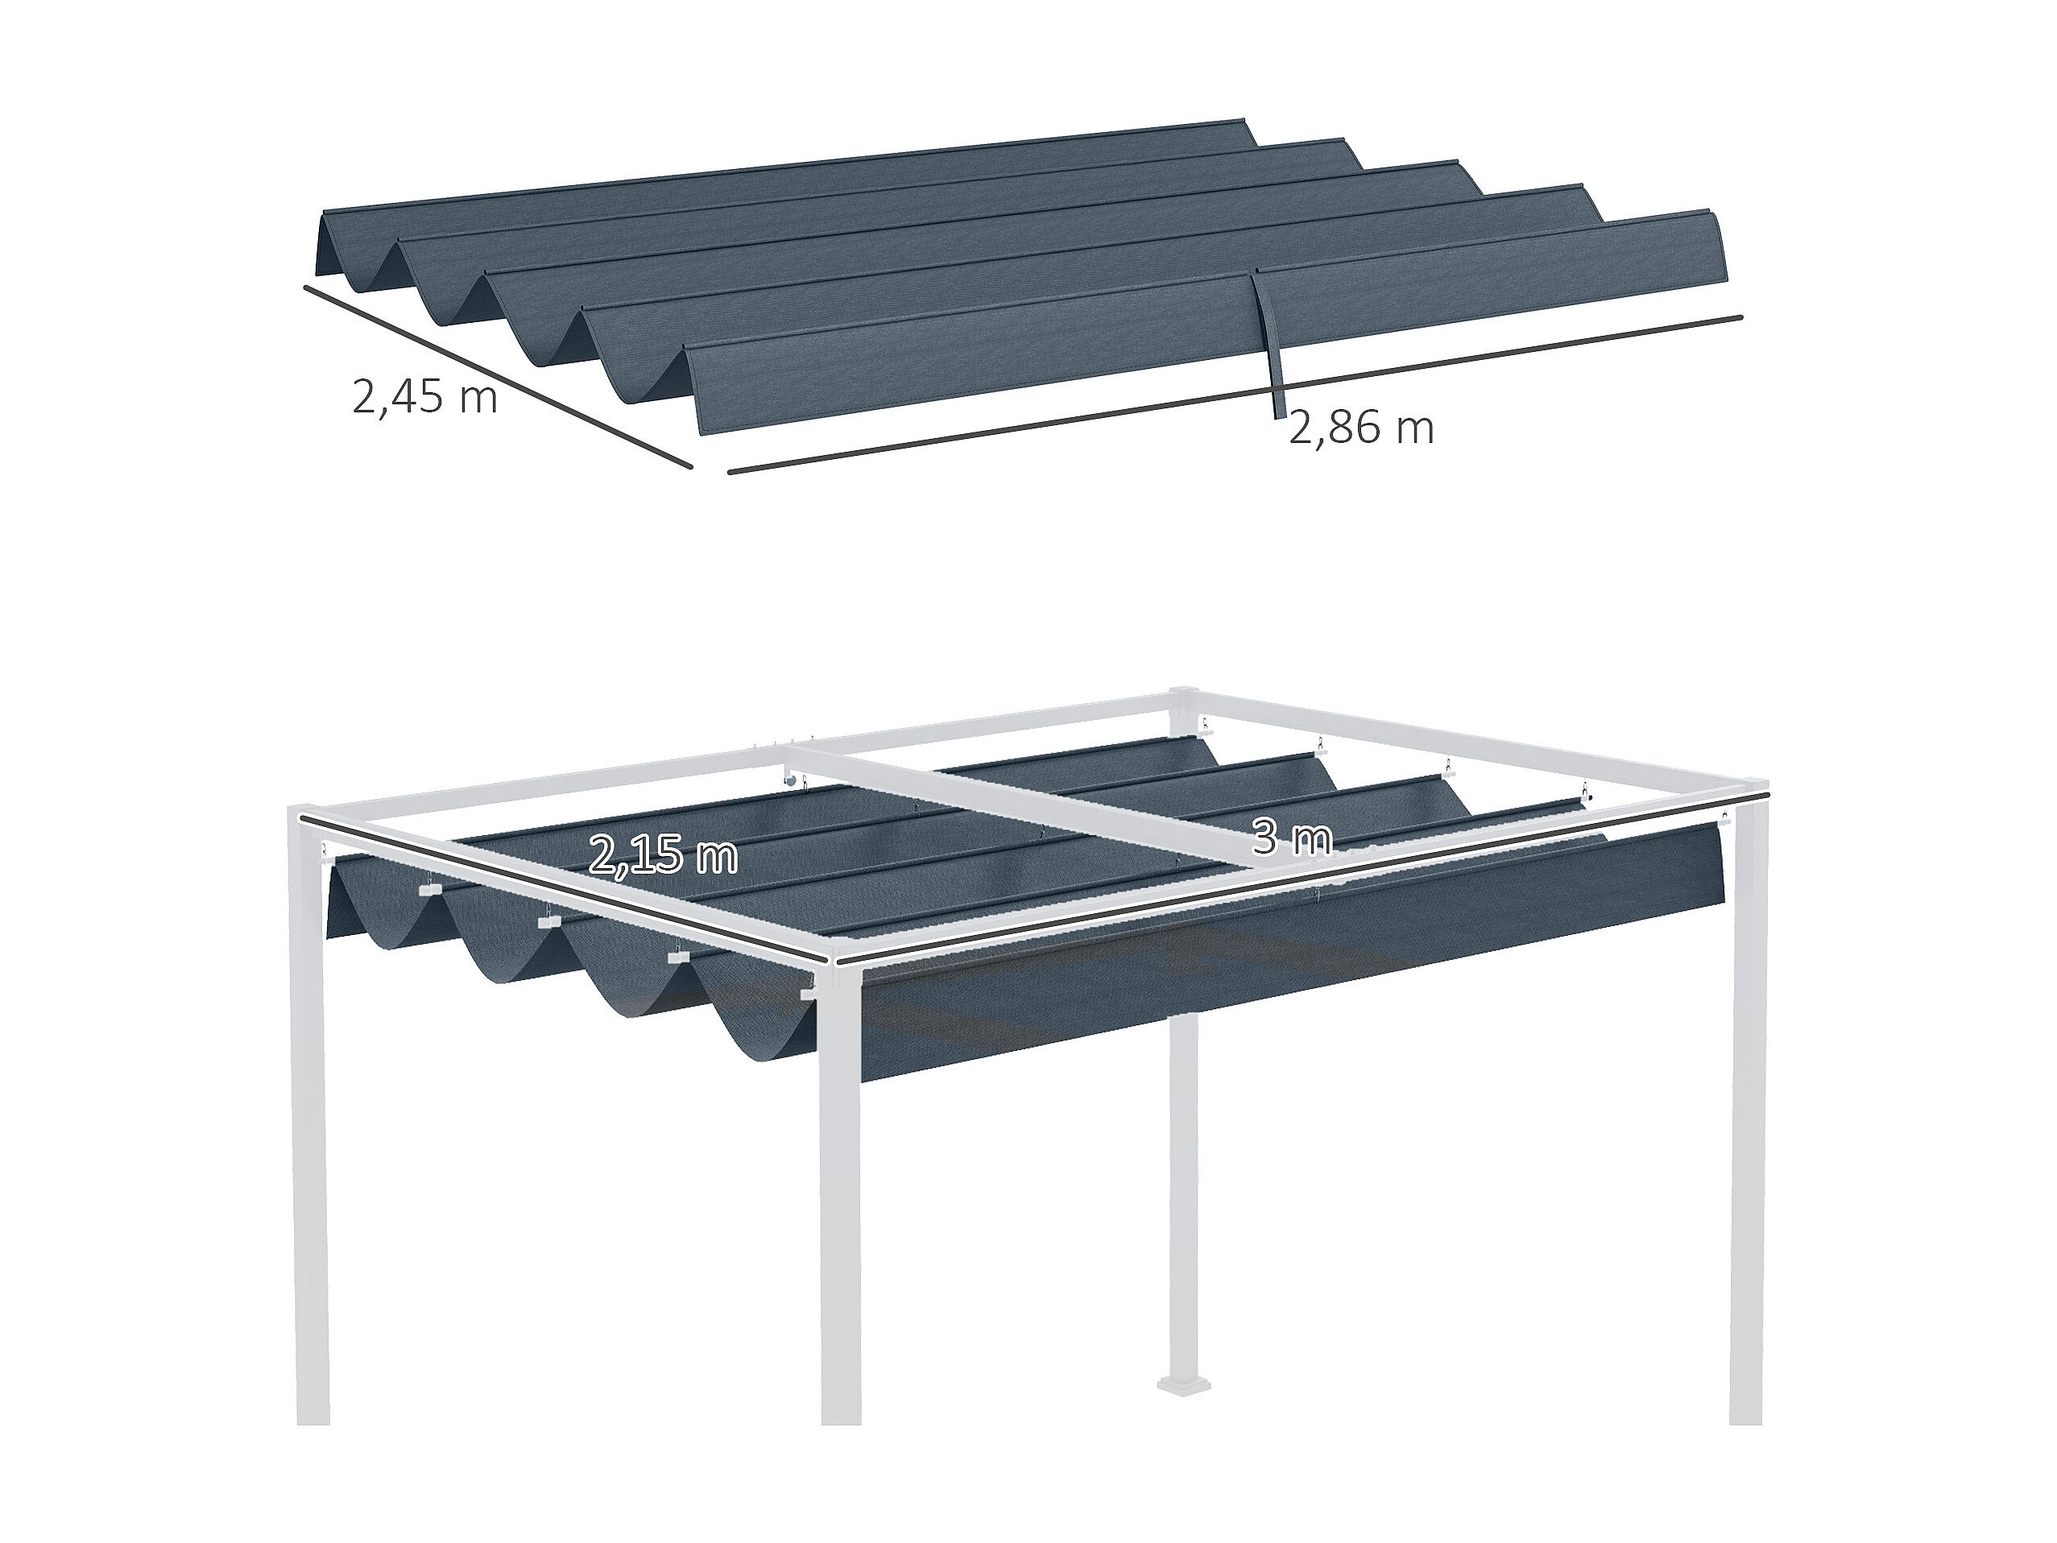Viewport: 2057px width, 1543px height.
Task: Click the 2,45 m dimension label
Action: [425, 397]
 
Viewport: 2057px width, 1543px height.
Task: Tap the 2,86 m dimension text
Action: [1360, 428]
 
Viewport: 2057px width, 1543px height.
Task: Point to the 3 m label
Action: [1292, 839]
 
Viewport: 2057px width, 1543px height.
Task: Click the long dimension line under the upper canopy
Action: [1235, 395]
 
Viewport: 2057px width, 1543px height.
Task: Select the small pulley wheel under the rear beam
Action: [789, 783]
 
